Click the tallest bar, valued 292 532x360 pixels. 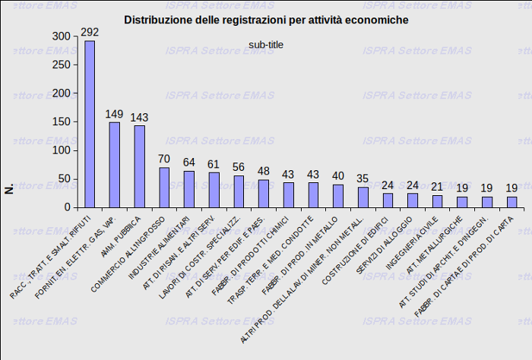pos(90,124)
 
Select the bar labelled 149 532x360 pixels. pos(115,165)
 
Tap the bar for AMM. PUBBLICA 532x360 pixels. pos(140,166)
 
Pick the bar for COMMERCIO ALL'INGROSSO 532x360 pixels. pos(164,188)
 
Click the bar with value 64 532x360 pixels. pos(189,189)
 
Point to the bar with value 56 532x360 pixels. pos(239,191)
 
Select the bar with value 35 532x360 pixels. pos(363,197)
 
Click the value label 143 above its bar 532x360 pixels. pos(140,118)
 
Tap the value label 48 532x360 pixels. pos(264,172)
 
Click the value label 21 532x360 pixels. pos(437,187)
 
